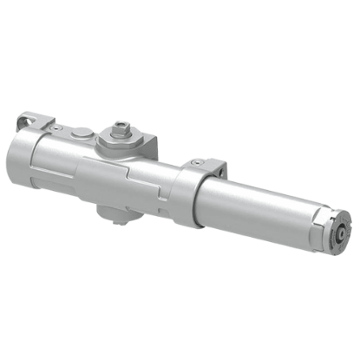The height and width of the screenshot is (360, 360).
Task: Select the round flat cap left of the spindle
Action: (x=82, y=134)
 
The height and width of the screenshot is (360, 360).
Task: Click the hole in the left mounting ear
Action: (x=32, y=118)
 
